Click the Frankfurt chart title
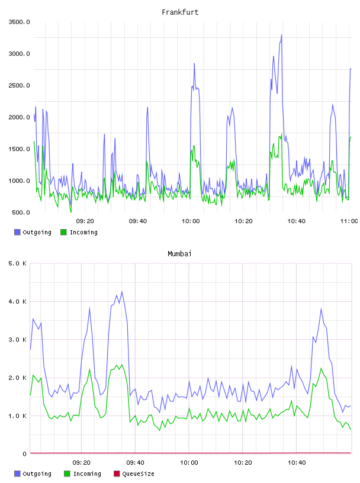pyautogui.click(x=180, y=12)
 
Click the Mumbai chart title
pyautogui.click(x=179, y=254)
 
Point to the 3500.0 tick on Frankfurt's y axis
pyautogui.click(x=19, y=22)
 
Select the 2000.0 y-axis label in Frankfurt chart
pyautogui.click(x=19, y=117)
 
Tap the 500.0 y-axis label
pyautogui.click(x=21, y=212)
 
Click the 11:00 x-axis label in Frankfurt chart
pyautogui.click(x=349, y=221)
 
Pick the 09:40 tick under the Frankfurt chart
pyautogui.click(x=138, y=221)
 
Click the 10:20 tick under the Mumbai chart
pyautogui.click(x=243, y=463)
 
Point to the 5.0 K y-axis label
pyautogui.click(x=18, y=263)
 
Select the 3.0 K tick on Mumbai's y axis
pyautogui.click(x=18, y=340)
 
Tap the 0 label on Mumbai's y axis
pyautogui.click(x=25, y=454)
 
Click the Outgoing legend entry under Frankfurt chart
pyautogui.click(x=33, y=232)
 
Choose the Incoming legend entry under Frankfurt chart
pyautogui.click(x=79, y=232)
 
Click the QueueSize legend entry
pyautogui.click(x=134, y=474)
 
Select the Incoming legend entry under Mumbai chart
pyautogui.click(x=83, y=474)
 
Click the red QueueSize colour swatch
pyautogui.click(x=117, y=474)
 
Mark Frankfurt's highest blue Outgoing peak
pyautogui.click(x=281, y=35)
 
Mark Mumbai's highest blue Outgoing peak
pyautogui.click(x=122, y=291)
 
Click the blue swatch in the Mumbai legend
pyautogui.click(x=17, y=474)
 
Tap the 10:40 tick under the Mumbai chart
pyautogui.click(x=297, y=463)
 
